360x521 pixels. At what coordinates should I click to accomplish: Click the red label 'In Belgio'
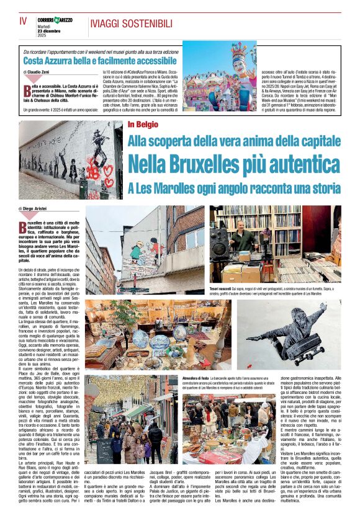(x=143, y=125)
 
